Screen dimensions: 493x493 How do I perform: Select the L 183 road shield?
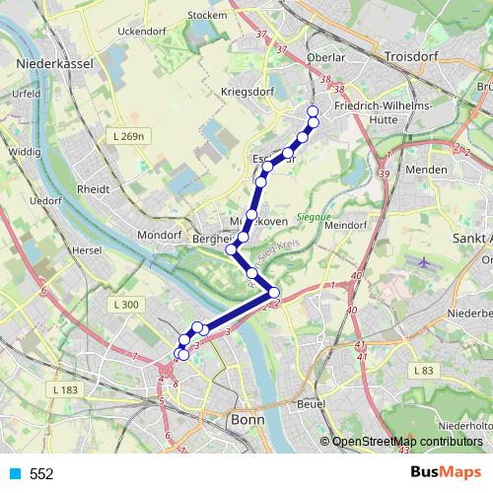63,392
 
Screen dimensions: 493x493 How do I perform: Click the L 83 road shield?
424,370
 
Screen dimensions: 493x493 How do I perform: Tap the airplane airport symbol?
425,264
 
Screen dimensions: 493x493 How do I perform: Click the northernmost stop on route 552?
314,111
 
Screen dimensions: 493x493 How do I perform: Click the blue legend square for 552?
13,474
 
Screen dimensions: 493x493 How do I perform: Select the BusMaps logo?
445,473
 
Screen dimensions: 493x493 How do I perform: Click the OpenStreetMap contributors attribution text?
408,441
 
